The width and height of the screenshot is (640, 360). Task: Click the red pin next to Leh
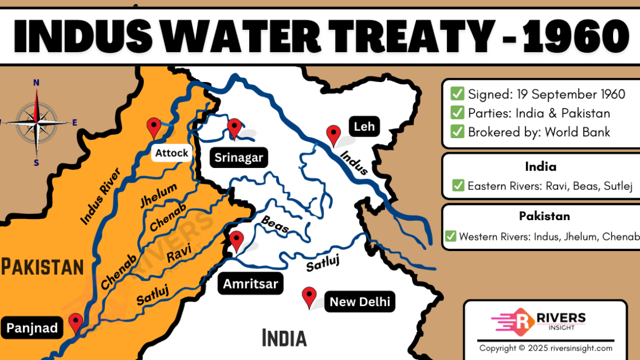(334, 135)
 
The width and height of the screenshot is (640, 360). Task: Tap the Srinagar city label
(239, 158)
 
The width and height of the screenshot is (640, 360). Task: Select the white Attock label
(172, 153)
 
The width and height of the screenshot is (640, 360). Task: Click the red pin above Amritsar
(237, 240)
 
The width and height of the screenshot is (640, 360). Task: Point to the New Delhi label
(359, 302)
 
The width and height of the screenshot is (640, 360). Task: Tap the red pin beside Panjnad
(75, 323)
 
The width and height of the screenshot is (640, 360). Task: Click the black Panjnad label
(33, 328)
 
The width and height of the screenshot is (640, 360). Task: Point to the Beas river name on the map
(275, 225)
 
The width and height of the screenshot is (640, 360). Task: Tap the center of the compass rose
(36, 121)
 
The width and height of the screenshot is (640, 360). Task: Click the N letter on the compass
(36, 83)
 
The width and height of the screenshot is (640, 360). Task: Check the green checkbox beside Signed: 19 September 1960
(458, 94)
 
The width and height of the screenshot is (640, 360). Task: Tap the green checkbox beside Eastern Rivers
(458, 186)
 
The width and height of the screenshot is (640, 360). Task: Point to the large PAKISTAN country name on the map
(42, 267)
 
